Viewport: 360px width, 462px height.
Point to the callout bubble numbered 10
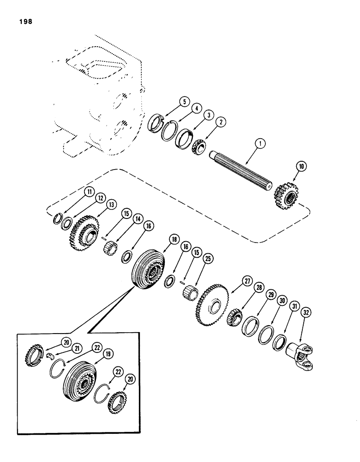click(x=296, y=165)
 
